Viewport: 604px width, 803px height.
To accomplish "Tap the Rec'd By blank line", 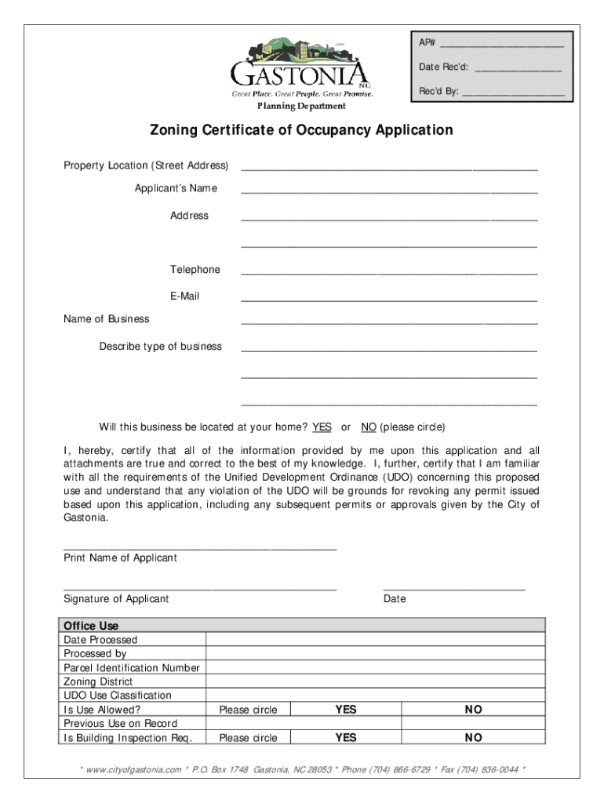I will (x=513, y=93).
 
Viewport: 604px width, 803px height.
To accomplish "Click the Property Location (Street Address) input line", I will (x=389, y=166).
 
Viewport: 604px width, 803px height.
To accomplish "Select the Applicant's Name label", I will (x=176, y=188).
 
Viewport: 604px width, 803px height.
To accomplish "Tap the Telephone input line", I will (x=389, y=271).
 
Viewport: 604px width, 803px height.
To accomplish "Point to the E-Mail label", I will (x=185, y=296).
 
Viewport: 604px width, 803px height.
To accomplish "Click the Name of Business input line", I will (x=389, y=321).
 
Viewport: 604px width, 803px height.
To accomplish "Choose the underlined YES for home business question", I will (x=322, y=427).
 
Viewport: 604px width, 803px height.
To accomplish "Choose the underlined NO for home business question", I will (x=368, y=427).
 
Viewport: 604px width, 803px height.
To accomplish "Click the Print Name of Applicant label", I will (x=120, y=558).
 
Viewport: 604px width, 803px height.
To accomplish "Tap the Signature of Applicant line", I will (x=200, y=587).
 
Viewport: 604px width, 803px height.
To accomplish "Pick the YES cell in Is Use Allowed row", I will (x=345, y=710).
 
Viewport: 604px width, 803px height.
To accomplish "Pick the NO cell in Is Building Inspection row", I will (x=473, y=738).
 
